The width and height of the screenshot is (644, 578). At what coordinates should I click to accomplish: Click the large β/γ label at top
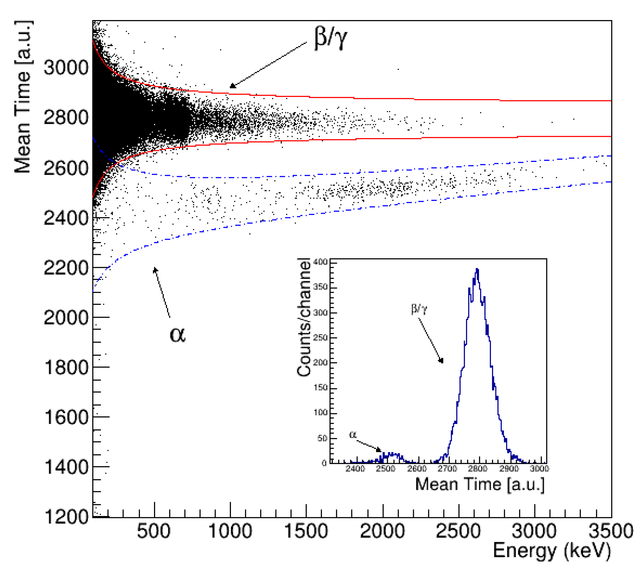tap(330, 38)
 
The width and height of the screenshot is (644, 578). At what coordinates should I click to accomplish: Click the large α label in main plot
tap(177, 335)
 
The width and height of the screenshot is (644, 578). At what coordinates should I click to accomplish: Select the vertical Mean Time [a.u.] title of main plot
tap(23, 97)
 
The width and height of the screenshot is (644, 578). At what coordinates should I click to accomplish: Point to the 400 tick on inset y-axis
tap(320, 262)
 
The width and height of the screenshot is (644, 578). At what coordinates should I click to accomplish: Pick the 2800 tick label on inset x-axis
tap(477, 469)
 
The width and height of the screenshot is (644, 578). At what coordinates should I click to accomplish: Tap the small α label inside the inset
tap(352, 435)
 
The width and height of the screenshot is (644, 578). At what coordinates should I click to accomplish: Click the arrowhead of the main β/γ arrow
tap(231, 86)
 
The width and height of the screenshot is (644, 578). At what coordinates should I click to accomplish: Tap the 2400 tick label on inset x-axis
tap(355, 469)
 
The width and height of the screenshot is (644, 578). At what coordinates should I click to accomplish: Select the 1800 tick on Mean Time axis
tap(66, 367)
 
